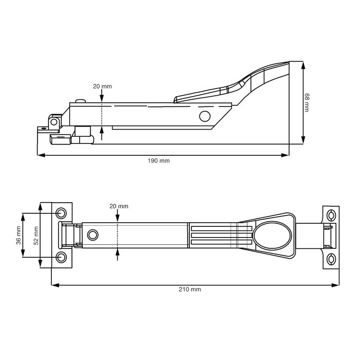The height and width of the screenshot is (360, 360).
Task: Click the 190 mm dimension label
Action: click(158, 161)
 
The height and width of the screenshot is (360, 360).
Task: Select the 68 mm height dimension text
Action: click(307, 103)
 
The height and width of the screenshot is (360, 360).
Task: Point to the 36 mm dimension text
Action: click(19, 236)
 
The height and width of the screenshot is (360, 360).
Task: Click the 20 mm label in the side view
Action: click(102, 86)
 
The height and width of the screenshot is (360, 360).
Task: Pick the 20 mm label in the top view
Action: click(119, 206)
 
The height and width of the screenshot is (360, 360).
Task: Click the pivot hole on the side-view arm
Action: click(205, 115)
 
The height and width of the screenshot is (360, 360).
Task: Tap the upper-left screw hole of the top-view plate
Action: click(61, 212)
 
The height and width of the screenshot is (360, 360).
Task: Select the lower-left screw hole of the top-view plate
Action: click(61, 257)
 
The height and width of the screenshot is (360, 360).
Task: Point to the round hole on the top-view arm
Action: click(93, 235)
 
